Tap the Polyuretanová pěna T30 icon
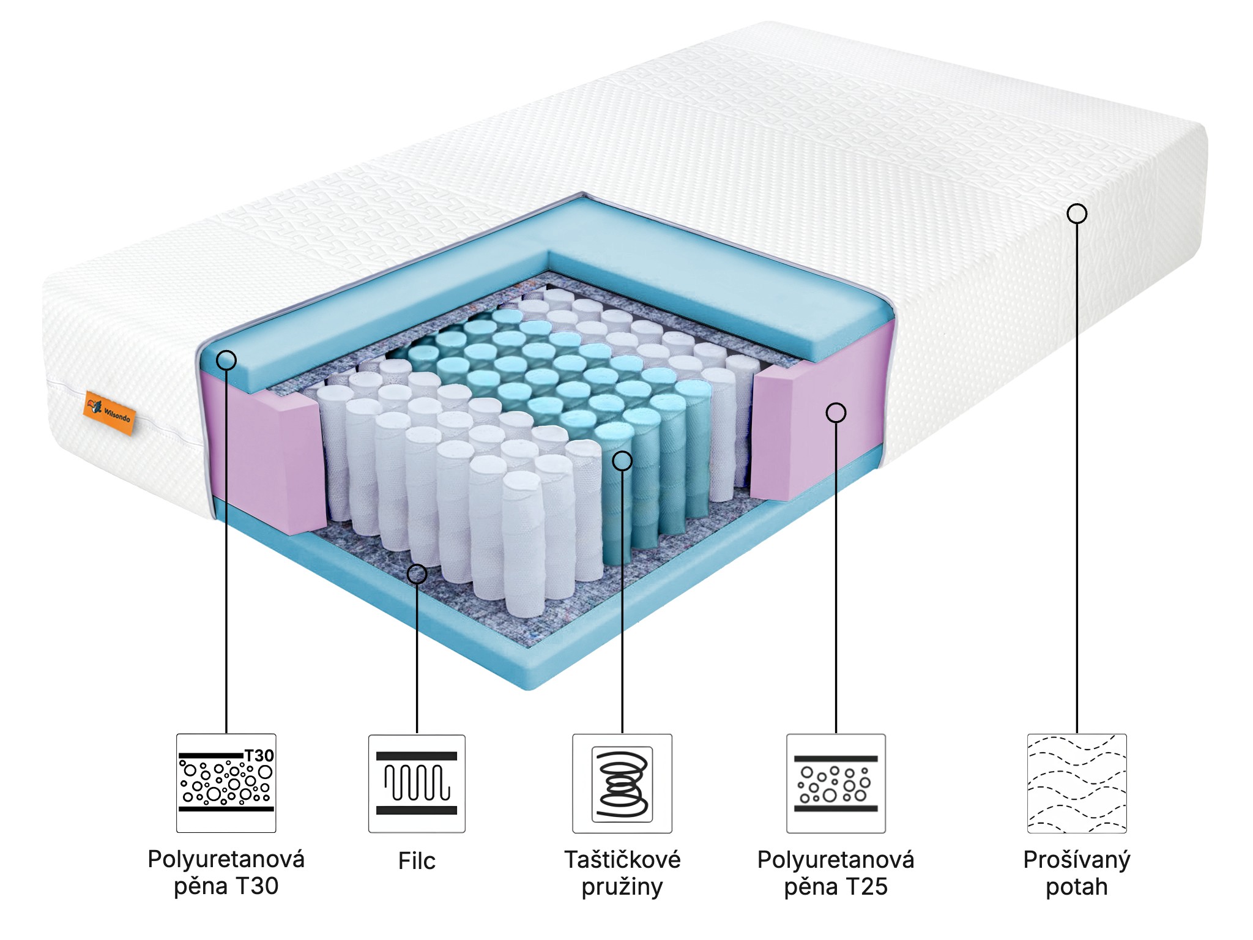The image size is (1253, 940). coord(226,783)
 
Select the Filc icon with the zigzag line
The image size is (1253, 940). coord(417,783)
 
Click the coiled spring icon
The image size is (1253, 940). coord(622,784)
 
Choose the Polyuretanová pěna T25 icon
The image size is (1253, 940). coord(836,783)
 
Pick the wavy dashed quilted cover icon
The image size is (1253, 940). coord(1076,783)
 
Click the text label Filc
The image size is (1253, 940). coord(417,860)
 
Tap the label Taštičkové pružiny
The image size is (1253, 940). coord(622,873)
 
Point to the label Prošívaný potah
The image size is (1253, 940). coord(1076,873)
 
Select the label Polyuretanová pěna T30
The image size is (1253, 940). coord(226,873)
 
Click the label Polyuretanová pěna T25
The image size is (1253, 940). coord(836,873)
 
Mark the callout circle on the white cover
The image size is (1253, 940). coord(1077,214)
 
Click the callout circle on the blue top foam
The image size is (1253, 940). coord(226,360)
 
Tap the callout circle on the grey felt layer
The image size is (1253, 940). coord(417,573)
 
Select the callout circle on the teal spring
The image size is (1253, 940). coord(622,461)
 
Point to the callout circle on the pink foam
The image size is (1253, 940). coord(836,413)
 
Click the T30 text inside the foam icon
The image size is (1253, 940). coord(259,756)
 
